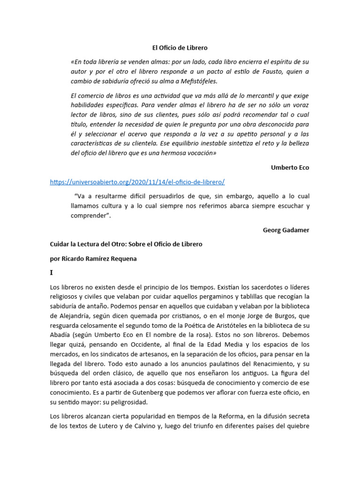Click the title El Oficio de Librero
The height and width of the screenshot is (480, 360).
tap(180, 48)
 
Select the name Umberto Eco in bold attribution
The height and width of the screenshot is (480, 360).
tap(290, 167)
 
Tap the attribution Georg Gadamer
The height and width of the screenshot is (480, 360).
tap(286, 230)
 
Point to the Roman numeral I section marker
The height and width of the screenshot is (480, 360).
tap(52, 272)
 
